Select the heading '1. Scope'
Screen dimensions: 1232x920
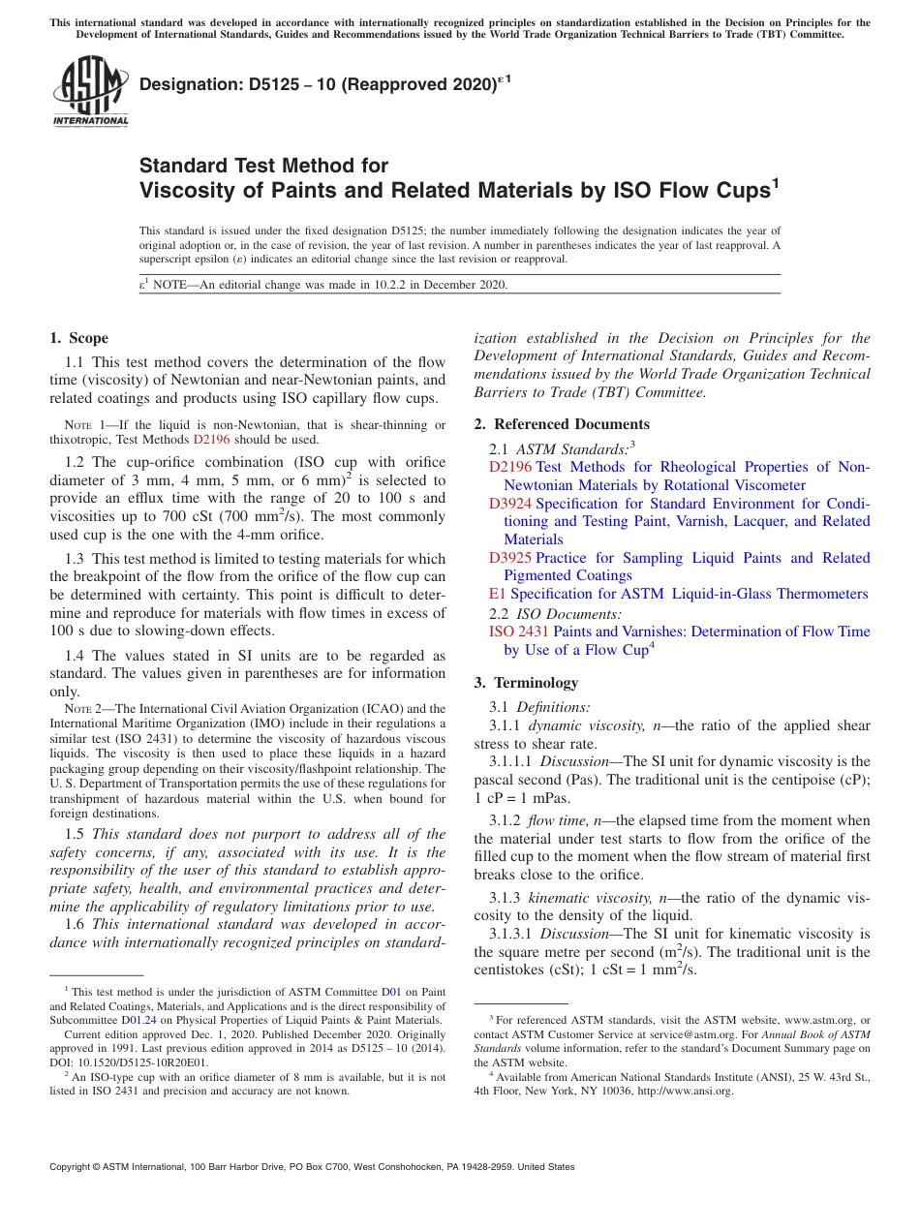[x=78, y=338]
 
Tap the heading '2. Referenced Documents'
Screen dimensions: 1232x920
[x=562, y=424]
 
